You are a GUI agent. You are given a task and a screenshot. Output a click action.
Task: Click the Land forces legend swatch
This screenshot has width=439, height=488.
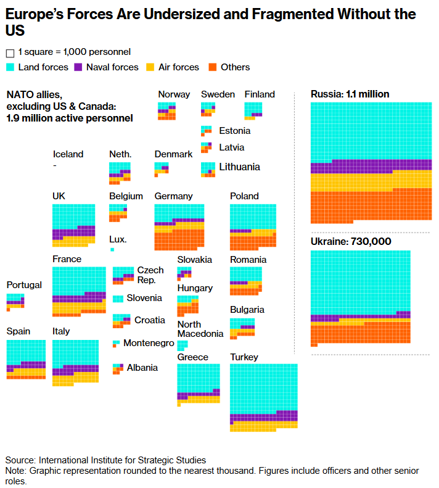click(x=10, y=67)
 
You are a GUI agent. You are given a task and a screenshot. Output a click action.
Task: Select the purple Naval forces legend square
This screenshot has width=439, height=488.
click(x=78, y=67)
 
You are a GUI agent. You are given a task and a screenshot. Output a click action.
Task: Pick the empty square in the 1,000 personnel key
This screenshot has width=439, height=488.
click(x=10, y=53)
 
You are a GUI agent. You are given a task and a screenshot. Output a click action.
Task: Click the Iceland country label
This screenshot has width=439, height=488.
click(x=68, y=154)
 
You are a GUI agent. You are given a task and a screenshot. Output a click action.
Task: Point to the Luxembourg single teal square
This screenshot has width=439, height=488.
click(x=112, y=250)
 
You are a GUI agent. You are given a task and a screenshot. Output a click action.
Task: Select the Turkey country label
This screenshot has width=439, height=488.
click(x=244, y=357)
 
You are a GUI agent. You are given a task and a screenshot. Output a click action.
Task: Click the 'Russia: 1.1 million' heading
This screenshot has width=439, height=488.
click(x=350, y=94)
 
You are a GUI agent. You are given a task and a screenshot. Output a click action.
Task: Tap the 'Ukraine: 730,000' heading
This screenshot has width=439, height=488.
click(x=351, y=241)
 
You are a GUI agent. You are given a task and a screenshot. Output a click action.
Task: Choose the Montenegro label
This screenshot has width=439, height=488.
click(x=149, y=343)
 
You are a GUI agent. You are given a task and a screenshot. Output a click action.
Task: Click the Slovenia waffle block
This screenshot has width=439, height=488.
click(x=117, y=299)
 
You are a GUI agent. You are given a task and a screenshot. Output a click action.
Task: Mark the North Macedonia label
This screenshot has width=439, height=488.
click(x=200, y=329)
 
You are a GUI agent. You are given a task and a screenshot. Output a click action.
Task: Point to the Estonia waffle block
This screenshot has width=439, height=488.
click(x=206, y=131)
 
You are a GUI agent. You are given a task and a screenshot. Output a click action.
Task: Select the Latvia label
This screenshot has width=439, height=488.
click(x=231, y=147)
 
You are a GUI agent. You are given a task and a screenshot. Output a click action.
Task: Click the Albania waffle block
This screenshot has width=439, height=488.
click(x=117, y=368)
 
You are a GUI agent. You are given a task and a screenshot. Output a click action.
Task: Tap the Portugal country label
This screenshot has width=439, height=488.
click(x=24, y=285)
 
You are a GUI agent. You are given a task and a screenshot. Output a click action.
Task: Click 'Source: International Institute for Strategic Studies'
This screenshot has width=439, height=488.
click(x=105, y=460)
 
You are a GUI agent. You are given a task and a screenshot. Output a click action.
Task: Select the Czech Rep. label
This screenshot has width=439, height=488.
click(x=150, y=275)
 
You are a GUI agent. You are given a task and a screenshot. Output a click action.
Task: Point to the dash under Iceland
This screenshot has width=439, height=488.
click(x=55, y=165)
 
